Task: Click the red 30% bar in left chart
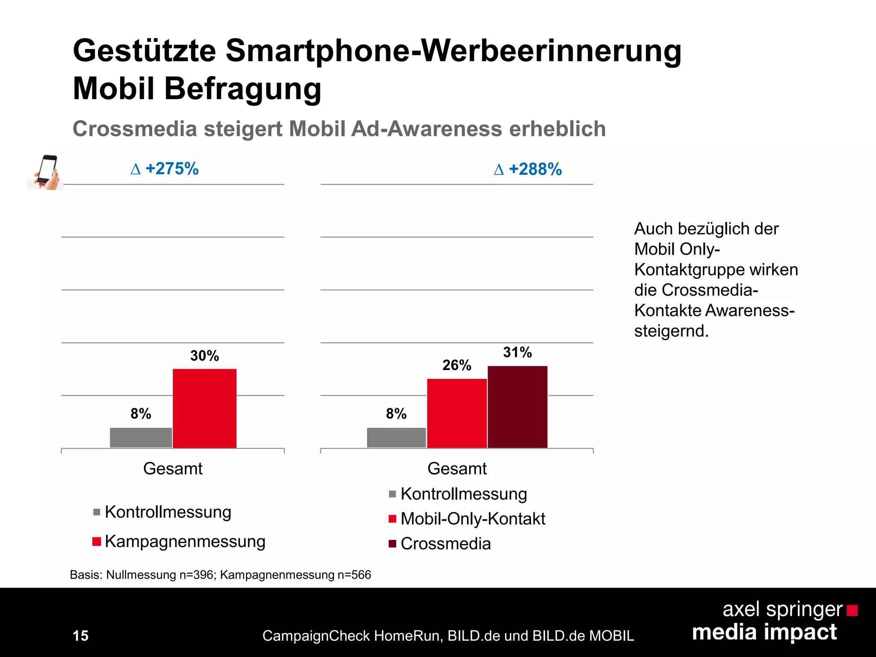coord(204,408)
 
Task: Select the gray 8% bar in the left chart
coord(141,438)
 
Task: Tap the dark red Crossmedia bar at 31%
coord(517,407)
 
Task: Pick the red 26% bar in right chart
coord(457,413)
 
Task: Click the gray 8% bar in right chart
coord(396,438)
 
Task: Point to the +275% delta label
coord(165,169)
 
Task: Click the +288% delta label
coord(528,169)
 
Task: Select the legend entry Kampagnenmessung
coord(184,542)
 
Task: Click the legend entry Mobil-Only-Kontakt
coord(472,519)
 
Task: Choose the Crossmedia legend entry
coord(445,544)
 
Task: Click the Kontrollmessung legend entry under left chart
coord(168,512)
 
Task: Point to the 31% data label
coord(517,352)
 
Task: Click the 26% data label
coord(456,365)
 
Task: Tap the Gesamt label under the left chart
coord(172,469)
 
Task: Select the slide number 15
coord(80,636)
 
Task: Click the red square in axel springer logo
coord(852,610)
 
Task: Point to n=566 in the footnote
coord(354,575)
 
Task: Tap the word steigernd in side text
coord(671,331)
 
